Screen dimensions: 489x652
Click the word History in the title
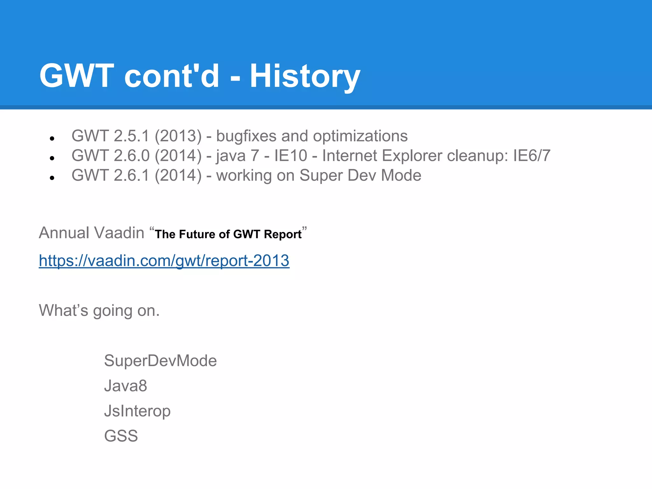305,76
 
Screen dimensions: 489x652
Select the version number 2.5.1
131,136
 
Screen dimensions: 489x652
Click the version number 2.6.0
131,156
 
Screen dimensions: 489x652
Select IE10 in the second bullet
291,156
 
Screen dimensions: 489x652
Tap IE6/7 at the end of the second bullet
532,156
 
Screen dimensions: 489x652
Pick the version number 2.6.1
131,176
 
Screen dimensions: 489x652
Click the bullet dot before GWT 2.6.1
52,178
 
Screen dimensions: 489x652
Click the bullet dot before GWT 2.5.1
52,138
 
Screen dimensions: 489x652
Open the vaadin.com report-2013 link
164,261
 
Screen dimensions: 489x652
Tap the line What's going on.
99,310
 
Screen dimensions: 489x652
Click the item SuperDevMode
160,361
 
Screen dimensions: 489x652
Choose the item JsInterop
137,411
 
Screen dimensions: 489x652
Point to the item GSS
121,436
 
